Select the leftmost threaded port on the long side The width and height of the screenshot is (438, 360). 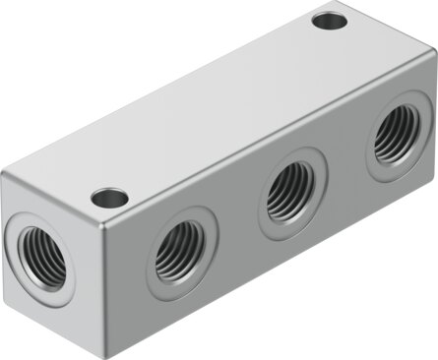177,249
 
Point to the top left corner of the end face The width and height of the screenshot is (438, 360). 5,177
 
